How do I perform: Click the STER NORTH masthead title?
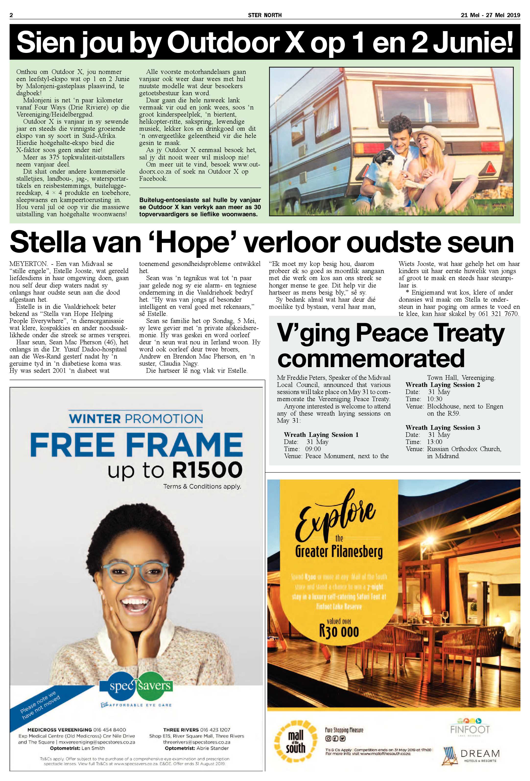(265, 15)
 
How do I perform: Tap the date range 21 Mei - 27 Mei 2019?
(490, 15)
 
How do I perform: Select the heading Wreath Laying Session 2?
(443, 385)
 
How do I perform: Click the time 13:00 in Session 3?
(435, 442)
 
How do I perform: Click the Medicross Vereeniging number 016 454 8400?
(110, 730)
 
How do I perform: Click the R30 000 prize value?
(339, 631)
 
